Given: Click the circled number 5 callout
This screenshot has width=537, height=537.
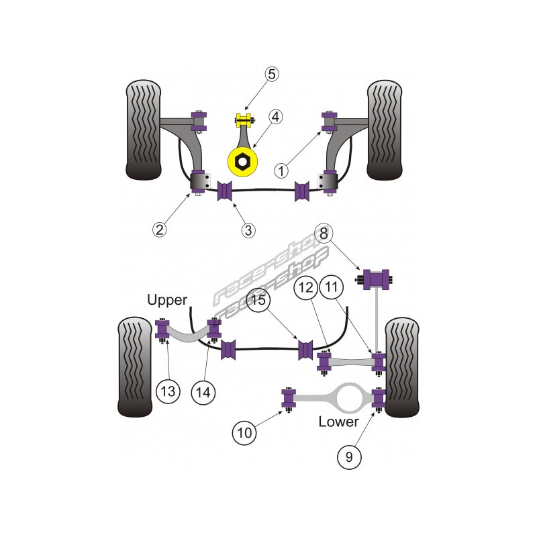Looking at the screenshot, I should [271, 74].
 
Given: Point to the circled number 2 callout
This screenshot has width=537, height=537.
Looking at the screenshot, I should [159, 230].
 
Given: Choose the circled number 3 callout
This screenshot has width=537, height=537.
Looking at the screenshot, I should [248, 230].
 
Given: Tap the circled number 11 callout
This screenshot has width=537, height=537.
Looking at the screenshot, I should [332, 287].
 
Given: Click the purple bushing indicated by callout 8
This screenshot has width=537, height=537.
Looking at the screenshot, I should [377, 277].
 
